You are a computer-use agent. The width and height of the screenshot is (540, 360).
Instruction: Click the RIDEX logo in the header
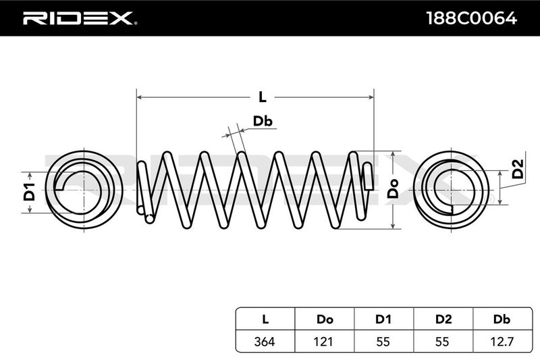pos(80,18)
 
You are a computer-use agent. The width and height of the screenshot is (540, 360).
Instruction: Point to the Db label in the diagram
pos(263,122)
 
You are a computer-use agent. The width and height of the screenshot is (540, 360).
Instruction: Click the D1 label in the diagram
pos(29,192)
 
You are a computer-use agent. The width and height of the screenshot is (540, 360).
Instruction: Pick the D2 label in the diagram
pos(517,168)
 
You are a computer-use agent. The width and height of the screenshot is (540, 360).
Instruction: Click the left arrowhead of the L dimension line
pos(140,97)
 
